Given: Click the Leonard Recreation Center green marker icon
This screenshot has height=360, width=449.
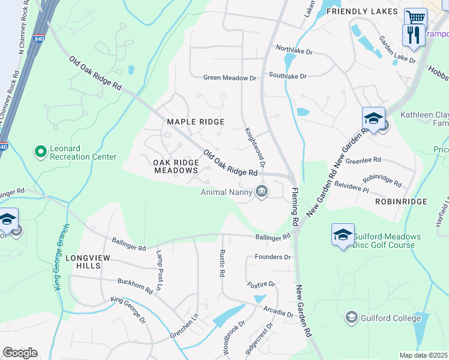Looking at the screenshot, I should click(41, 151).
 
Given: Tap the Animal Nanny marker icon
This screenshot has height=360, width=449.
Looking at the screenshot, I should click(262, 192).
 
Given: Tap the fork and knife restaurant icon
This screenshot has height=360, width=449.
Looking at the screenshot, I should click(413, 35).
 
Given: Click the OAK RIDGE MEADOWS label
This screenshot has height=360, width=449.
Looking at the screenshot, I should click(176, 166).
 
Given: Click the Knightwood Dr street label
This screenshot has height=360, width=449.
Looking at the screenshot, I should click(255, 148).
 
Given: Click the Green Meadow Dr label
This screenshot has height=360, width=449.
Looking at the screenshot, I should click(230, 78).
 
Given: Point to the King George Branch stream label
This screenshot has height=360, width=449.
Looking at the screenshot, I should click(59, 257).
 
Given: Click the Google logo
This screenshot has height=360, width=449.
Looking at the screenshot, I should click(20, 353).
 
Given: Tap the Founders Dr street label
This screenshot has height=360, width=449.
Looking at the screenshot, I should click(273, 257).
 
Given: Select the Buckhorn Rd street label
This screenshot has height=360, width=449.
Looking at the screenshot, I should click(134, 286).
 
